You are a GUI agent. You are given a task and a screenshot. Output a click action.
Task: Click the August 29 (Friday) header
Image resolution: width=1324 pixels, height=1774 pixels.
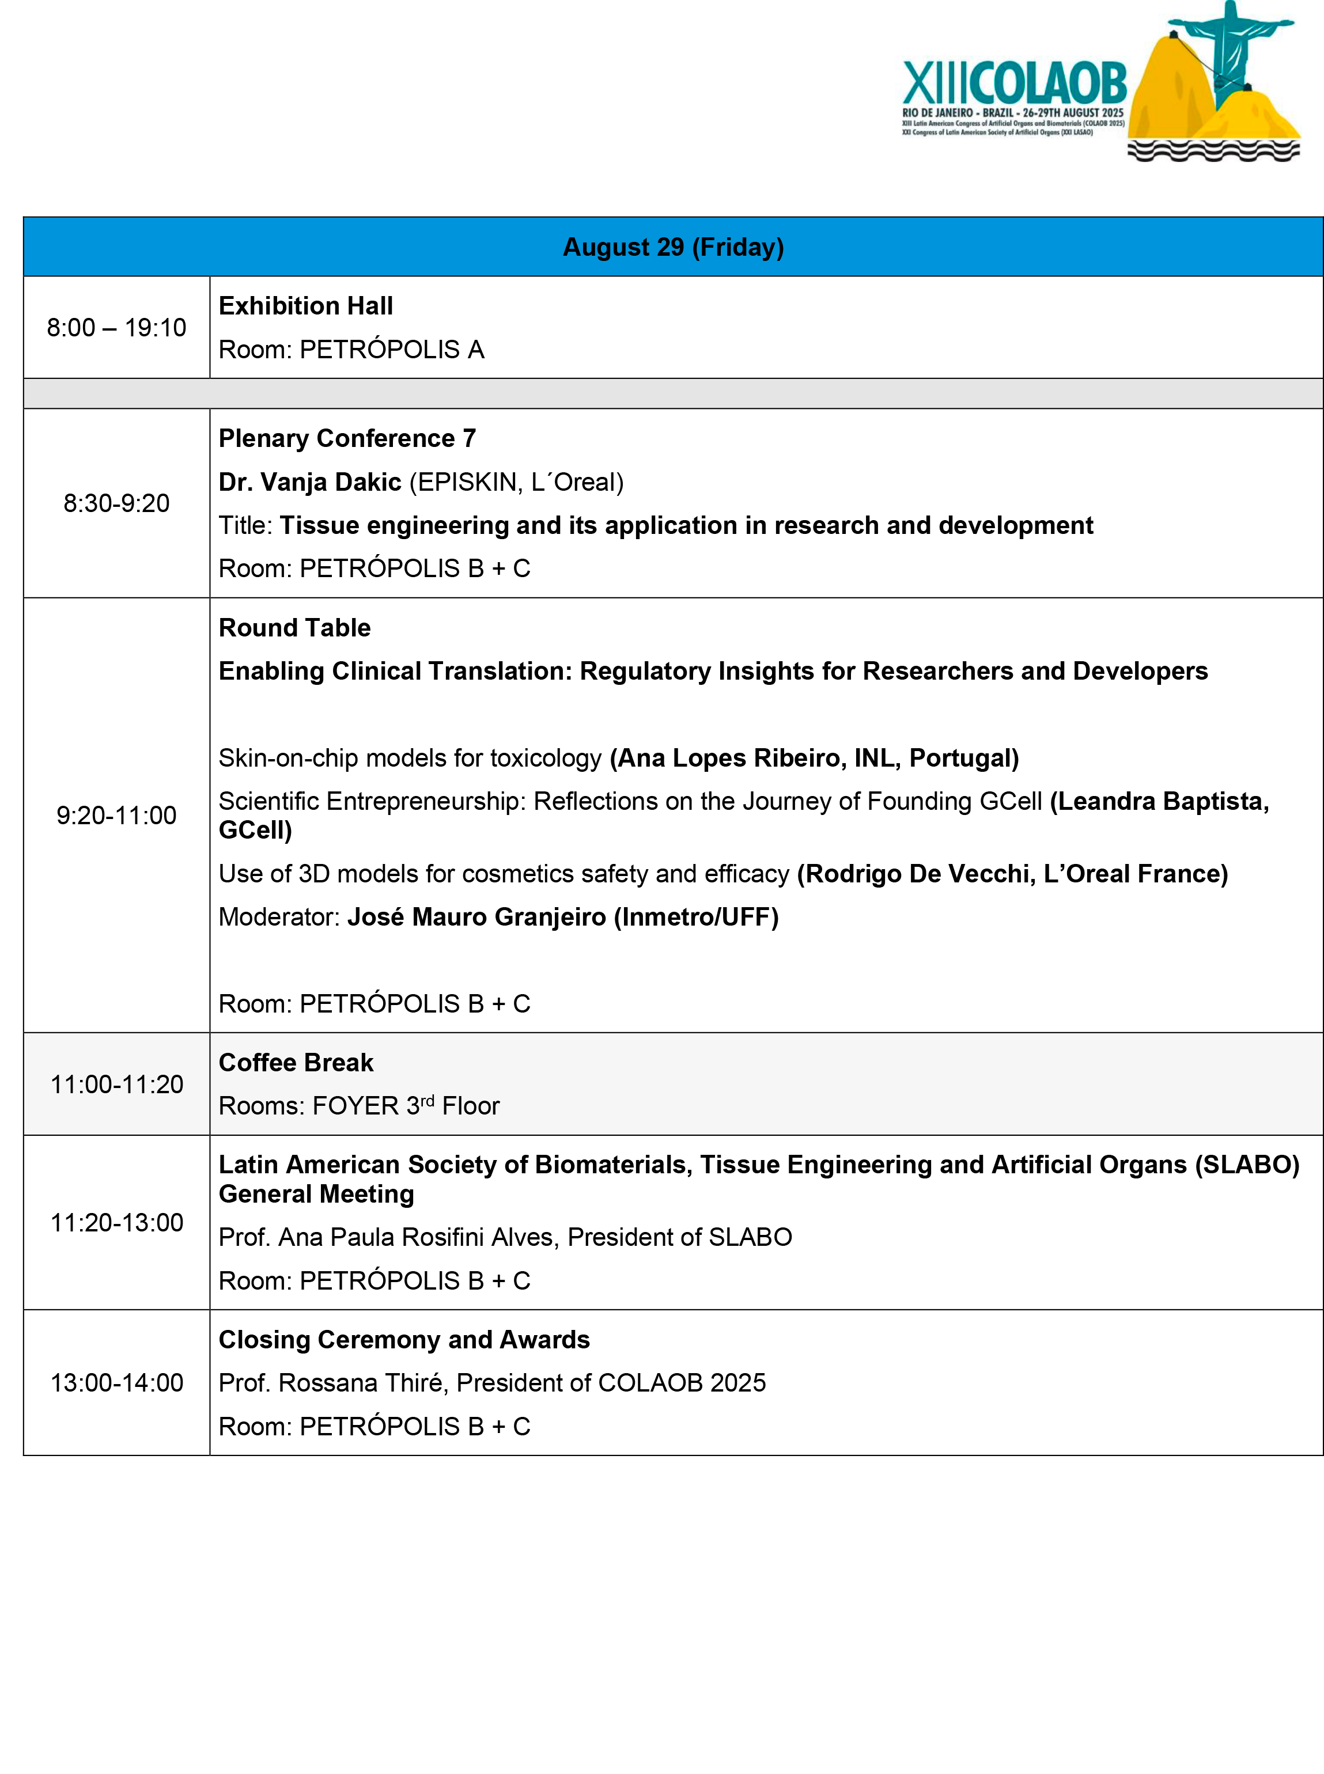[x=673, y=247]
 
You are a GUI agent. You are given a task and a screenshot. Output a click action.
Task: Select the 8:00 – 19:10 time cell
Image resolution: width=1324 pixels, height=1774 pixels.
[x=116, y=328]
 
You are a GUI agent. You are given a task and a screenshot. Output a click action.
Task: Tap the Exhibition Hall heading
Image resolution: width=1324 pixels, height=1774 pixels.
[x=305, y=306]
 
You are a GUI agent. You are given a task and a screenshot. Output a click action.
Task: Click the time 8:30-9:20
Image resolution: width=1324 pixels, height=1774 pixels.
[x=116, y=503]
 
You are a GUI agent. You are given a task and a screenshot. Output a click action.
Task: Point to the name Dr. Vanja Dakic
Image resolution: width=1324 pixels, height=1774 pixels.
[x=309, y=482]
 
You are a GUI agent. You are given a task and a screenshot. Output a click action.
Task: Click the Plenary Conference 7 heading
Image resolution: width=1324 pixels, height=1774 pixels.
[x=347, y=438]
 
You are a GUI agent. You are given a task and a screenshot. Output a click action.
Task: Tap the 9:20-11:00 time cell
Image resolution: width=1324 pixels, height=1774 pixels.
[x=116, y=815]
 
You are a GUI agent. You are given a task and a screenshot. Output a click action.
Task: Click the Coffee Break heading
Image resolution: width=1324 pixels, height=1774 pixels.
[x=296, y=1063]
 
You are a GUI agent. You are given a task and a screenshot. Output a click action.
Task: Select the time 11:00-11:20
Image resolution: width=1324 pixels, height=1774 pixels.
[x=116, y=1084]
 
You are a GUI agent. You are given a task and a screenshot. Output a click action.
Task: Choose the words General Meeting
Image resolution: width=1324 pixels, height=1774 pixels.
[x=316, y=1194]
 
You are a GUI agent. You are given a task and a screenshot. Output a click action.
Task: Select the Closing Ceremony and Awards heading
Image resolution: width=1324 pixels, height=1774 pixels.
[x=404, y=1340]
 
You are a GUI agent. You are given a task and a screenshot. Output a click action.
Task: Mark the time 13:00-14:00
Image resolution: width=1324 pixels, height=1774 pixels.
[x=116, y=1383]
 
